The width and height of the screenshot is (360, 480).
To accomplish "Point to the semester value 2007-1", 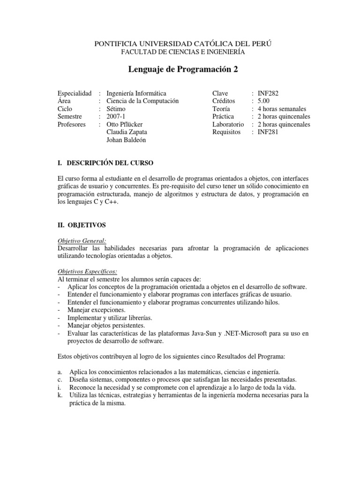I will [x=117, y=117].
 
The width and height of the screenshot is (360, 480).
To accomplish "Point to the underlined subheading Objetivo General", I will [x=82, y=240].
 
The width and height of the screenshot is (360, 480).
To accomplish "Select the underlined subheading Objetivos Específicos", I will [x=87, y=271].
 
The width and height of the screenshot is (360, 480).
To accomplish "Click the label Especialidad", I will [x=74, y=94].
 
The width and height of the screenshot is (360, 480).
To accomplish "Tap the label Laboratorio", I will [x=228, y=125].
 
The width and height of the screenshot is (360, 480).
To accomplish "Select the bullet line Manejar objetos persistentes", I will [x=104, y=325].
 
